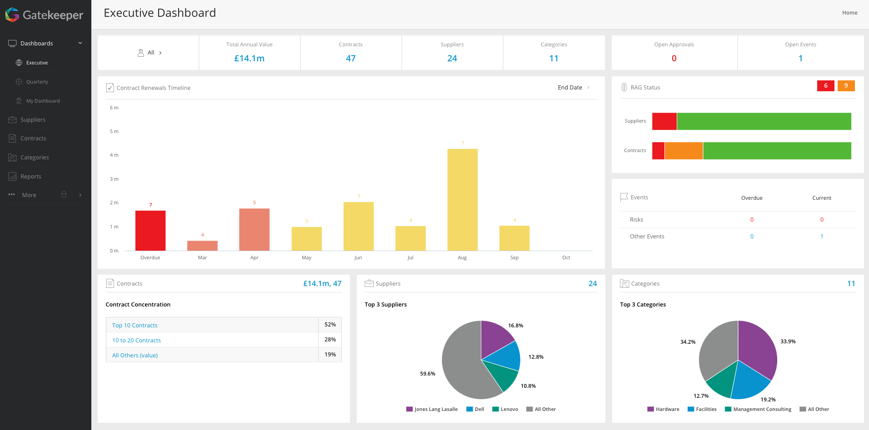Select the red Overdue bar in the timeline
(150, 230)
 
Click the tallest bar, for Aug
(462, 200)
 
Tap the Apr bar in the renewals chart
(254, 229)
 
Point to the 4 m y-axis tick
(114, 155)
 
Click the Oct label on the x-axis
(566, 257)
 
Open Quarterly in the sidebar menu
(37, 82)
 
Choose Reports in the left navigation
(31, 176)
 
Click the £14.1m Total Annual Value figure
(249, 58)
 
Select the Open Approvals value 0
(674, 58)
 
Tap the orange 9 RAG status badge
(846, 85)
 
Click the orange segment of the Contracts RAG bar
(684, 151)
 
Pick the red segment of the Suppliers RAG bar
(664, 121)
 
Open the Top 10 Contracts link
(135, 325)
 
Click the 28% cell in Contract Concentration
(330, 340)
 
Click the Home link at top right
(849, 13)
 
